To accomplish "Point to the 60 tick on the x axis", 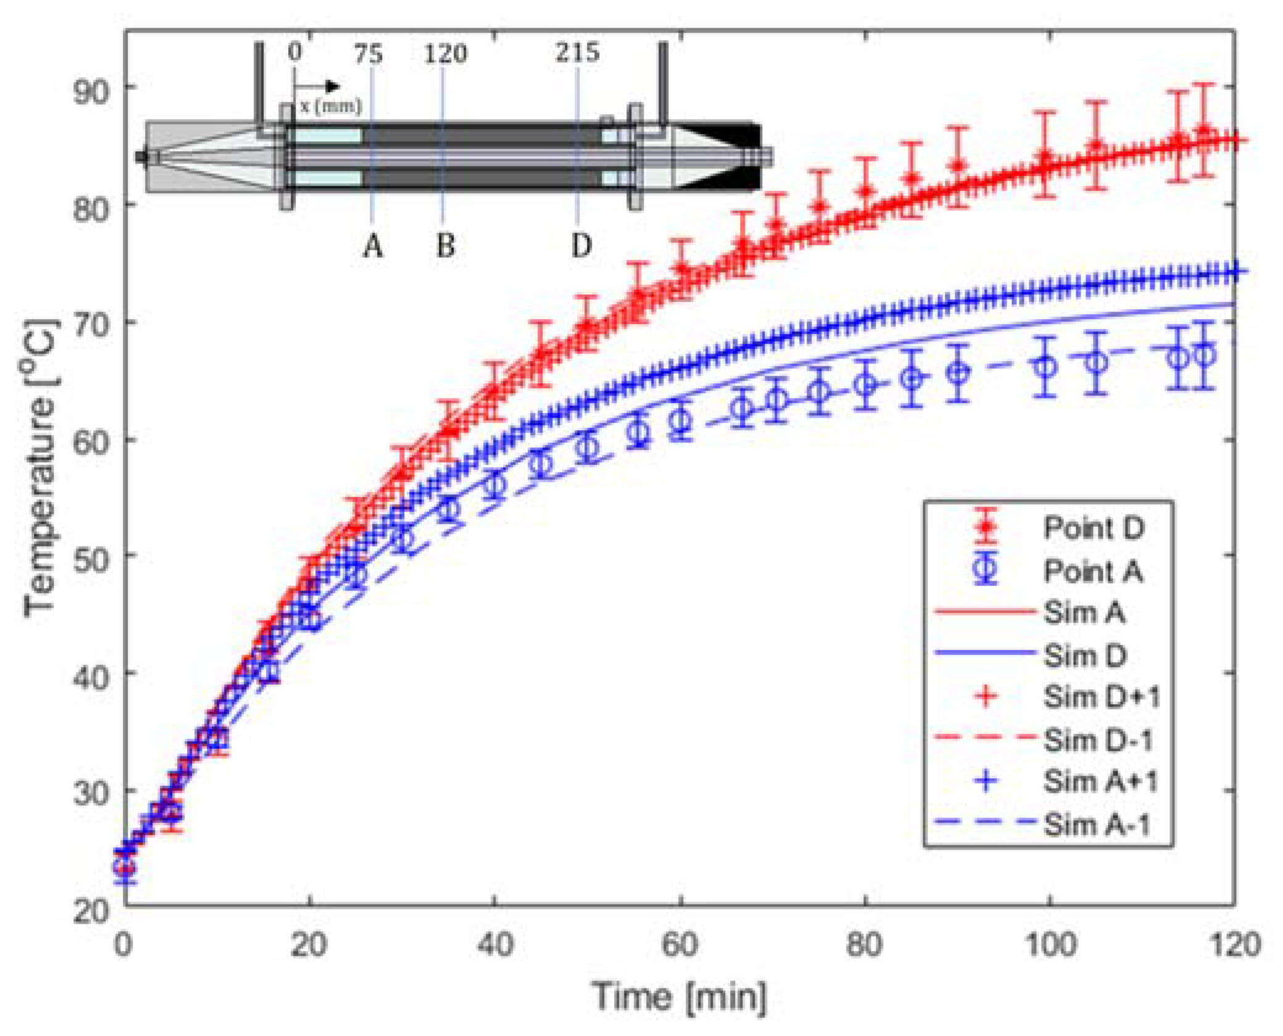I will pos(679,945).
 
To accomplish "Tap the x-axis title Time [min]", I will pos(679,996).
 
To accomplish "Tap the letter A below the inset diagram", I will pos(373,246).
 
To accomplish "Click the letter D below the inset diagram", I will pos(581,246).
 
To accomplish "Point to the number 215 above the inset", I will pos(577,53).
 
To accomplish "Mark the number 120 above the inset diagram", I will pos(445,54).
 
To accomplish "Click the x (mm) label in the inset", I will pos(331,106).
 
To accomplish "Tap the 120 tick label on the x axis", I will pos(1234,945).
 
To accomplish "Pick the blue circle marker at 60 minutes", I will pos(680,420).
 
